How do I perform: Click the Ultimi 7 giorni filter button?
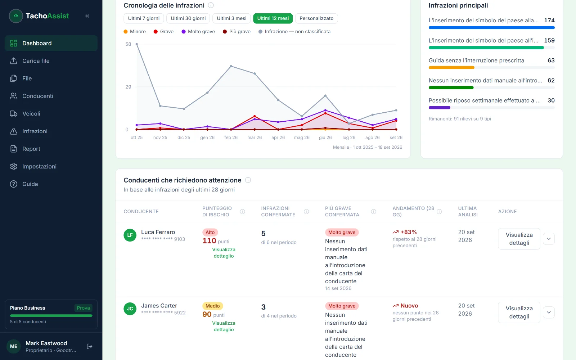144,18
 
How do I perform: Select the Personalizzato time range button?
316,18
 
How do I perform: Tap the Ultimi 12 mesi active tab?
273,18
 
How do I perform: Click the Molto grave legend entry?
198,31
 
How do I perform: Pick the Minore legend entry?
135,31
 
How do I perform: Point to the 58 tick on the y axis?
128,44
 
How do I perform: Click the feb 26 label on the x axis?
231,137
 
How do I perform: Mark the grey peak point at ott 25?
136,44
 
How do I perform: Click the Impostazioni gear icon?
14,166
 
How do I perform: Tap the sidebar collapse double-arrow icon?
87,16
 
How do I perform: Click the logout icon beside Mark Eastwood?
90,346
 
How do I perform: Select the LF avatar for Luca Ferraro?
130,235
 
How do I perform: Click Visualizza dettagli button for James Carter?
519,312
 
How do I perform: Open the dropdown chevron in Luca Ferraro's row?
549,239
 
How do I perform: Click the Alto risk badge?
210,232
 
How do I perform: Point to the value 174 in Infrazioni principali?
549,20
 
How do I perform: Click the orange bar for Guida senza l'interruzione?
451,68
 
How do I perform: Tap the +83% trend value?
408,232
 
